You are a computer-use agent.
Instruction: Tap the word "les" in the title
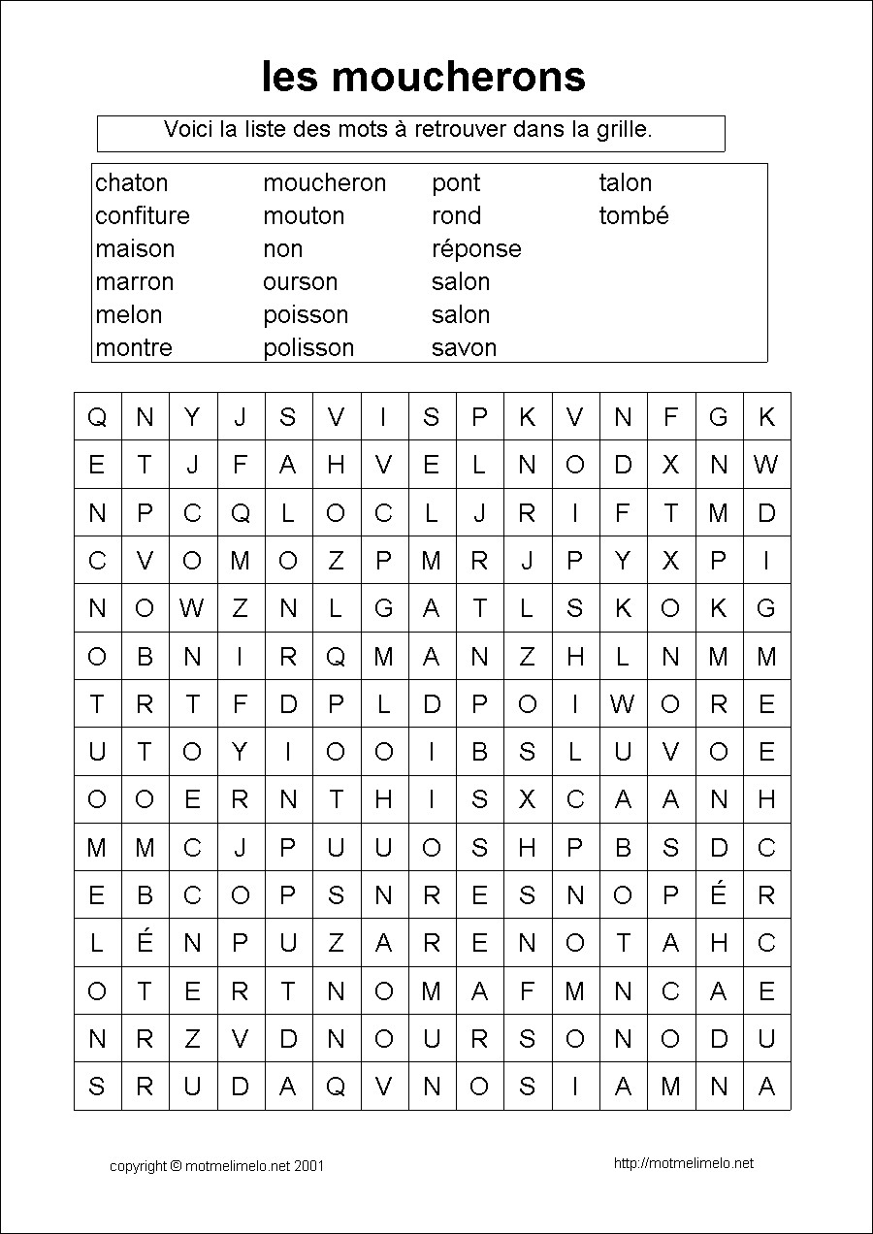point(289,77)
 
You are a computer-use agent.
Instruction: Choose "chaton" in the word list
point(132,183)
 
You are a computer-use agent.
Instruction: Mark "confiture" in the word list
point(143,215)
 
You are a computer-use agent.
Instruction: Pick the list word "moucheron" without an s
point(324,183)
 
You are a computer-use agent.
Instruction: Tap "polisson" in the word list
point(308,347)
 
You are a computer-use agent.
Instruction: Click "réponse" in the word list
point(476,249)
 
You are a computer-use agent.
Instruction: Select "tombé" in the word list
point(633,215)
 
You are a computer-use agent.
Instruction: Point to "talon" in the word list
point(625,183)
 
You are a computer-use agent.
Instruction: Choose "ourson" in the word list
point(300,282)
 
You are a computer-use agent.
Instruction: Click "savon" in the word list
point(464,347)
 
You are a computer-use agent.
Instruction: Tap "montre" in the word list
point(134,347)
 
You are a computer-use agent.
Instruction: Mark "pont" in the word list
point(456,183)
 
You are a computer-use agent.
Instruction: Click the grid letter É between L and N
point(145,941)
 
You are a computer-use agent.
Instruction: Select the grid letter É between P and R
point(719,893)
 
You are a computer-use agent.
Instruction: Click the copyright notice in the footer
point(216,1166)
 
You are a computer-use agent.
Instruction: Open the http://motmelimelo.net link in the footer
point(684,1163)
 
